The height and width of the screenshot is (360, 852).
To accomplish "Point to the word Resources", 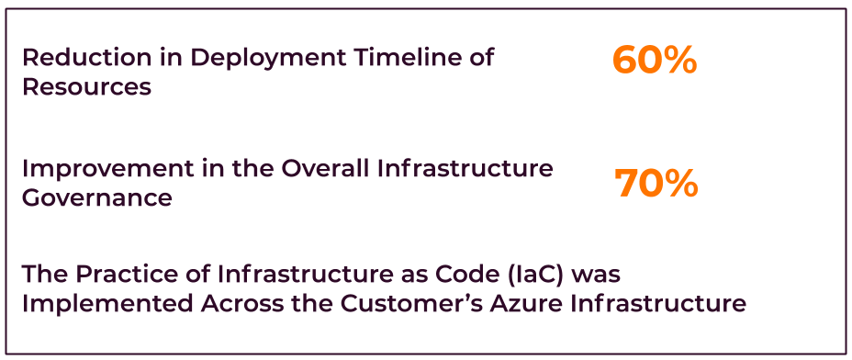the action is click(x=87, y=87).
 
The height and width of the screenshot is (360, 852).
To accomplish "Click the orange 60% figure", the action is click(x=655, y=61).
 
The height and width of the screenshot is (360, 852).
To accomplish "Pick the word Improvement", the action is click(x=107, y=169).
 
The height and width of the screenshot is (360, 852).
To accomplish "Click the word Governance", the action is click(x=97, y=198).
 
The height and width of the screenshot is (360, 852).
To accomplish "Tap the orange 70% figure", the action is click(x=656, y=184).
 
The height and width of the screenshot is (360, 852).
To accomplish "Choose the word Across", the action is click(x=242, y=304).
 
